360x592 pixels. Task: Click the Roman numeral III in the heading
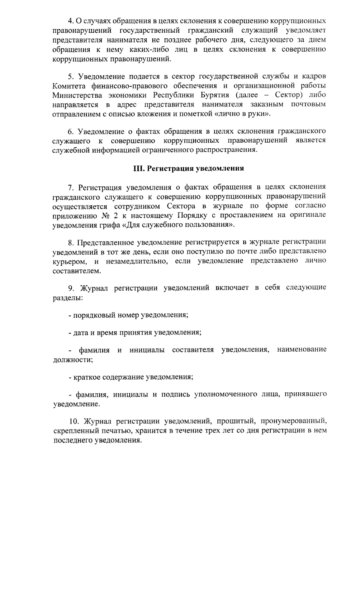coord(138,168)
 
